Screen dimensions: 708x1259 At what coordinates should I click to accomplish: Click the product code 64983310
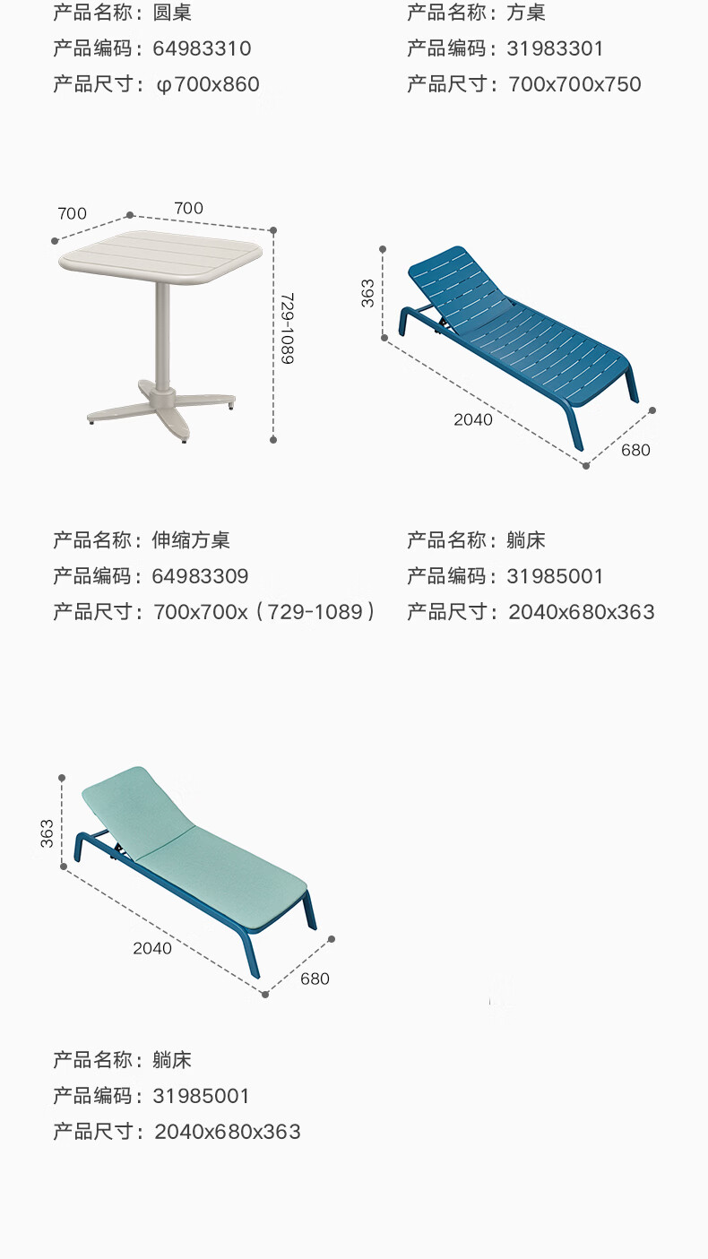coord(203,48)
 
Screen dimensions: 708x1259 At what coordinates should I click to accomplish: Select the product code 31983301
coord(556,48)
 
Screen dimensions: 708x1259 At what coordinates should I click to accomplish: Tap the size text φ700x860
coord(208,84)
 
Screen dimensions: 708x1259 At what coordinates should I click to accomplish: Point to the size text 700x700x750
coord(574,84)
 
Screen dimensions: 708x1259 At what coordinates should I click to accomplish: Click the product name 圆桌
coord(173,13)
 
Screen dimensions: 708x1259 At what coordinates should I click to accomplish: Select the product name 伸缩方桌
coord(192,540)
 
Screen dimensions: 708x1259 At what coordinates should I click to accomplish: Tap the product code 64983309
coord(201,576)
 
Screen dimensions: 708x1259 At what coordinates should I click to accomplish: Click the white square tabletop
coord(161,255)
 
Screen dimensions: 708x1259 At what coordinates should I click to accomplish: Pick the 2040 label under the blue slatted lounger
coord(473,419)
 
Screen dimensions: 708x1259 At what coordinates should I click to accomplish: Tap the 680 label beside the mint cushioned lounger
coord(315,979)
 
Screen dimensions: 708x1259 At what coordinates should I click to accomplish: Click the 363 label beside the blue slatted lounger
coord(368,293)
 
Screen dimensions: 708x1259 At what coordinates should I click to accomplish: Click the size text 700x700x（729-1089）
coord(264,612)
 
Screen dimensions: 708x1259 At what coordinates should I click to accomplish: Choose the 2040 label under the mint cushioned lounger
coord(152,948)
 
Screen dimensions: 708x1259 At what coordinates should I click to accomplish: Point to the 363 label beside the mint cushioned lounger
coord(47,832)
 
